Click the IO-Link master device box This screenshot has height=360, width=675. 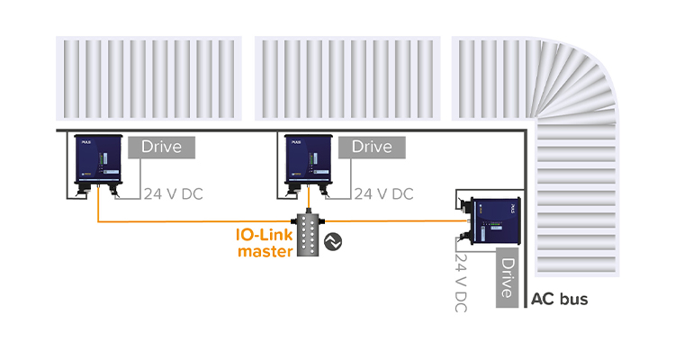[x=310, y=237]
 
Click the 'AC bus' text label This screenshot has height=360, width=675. [x=560, y=299]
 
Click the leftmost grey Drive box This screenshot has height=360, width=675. [x=162, y=147]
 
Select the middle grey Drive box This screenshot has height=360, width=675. [x=372, y=147]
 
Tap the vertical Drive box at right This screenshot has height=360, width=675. [x=508, y=277]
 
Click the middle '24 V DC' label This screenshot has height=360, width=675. [x=384, y=193]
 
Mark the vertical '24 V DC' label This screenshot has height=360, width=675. [x=462, y=283]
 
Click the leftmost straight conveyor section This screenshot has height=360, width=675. [x=148, y=79]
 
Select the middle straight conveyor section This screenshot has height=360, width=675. [x=347, y=79]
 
